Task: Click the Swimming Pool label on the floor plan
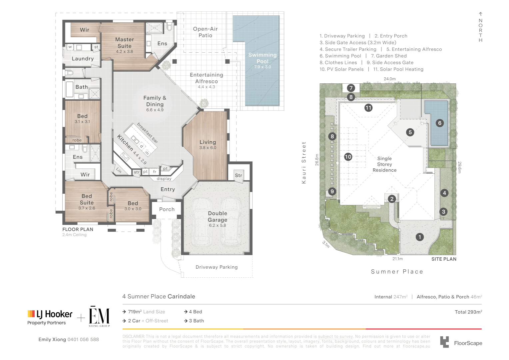coord(262,58)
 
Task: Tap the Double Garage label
coord(218,217)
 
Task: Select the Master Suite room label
coord(124,43)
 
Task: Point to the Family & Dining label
coord(155,101)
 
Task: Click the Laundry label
coord(83,59)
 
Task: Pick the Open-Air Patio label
coord(205,32)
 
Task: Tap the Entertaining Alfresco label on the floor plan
coord(207,78)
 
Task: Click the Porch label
coord(167,209)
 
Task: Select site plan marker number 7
coord(351,88)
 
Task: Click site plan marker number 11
coord(368,108)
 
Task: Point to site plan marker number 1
coord(419,237)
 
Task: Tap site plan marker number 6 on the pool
coord(440,123)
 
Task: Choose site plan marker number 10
coord(348,157)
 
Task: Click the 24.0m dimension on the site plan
coord(389,79)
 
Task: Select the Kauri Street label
coord(304,163)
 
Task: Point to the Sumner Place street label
coord(397,272)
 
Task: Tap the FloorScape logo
coord(461,343)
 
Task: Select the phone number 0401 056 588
coord(83,339)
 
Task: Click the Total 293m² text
coord(468,312)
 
